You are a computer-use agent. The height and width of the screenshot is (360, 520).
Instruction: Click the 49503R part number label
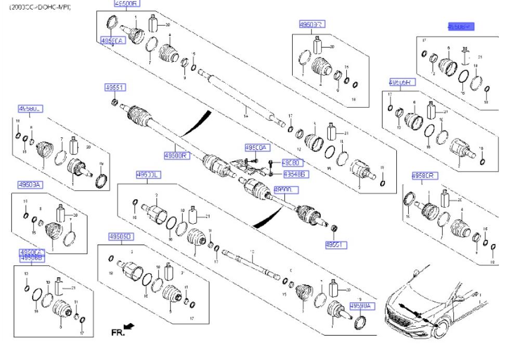[312, 24]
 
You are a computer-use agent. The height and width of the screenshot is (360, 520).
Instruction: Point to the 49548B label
[293, 173]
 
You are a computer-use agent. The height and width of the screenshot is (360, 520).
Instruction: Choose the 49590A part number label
[360, 306]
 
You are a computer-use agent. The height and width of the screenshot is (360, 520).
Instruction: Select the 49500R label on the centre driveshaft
[176, 155]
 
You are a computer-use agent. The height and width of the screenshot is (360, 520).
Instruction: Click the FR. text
[118, 331]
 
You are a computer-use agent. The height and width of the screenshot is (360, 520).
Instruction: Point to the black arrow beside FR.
[130, 326]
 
